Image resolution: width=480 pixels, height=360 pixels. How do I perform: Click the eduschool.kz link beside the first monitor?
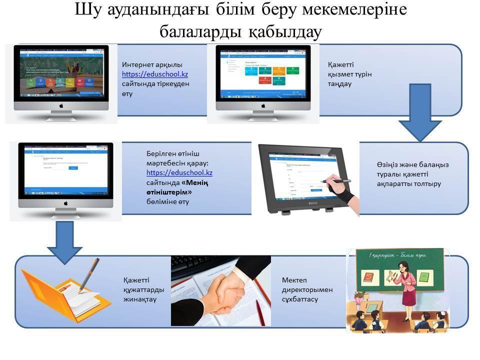[155, 74]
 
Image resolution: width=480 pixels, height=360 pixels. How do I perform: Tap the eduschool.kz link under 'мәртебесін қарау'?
[179, 172]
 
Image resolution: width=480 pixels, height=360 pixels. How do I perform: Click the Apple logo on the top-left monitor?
[61, 106]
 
